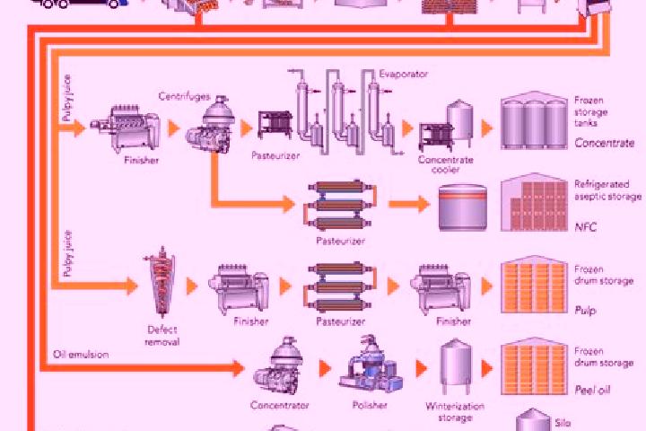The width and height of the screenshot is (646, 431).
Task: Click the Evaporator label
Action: click(404, 75)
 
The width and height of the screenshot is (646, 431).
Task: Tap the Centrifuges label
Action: click(184, 96)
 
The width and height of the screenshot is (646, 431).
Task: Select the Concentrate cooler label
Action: click(445, 164)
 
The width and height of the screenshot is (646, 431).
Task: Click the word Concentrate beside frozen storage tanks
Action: click(605, 143)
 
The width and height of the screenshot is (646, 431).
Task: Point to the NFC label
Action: click(585, 227)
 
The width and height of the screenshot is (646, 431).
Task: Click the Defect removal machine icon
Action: click(161, 282)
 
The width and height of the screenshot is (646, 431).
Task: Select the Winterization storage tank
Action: click(455, 366)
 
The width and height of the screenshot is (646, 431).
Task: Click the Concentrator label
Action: click(279, 406)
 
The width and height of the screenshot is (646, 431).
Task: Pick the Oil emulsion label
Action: click(81, 355)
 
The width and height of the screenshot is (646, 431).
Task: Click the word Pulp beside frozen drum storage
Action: click(585, 311)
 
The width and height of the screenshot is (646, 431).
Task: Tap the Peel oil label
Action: click(592, 391)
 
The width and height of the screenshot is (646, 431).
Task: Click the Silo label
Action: click(563, 423)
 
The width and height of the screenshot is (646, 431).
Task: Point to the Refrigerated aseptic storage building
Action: click(535, 202)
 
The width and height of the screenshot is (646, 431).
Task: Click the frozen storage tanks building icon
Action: click(535, 120)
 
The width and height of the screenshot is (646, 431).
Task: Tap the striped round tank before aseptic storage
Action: click(462, 207)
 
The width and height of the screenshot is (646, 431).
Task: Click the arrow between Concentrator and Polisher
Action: click(325, 369)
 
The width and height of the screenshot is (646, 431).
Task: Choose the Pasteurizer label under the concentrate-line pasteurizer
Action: click(275, 156)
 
